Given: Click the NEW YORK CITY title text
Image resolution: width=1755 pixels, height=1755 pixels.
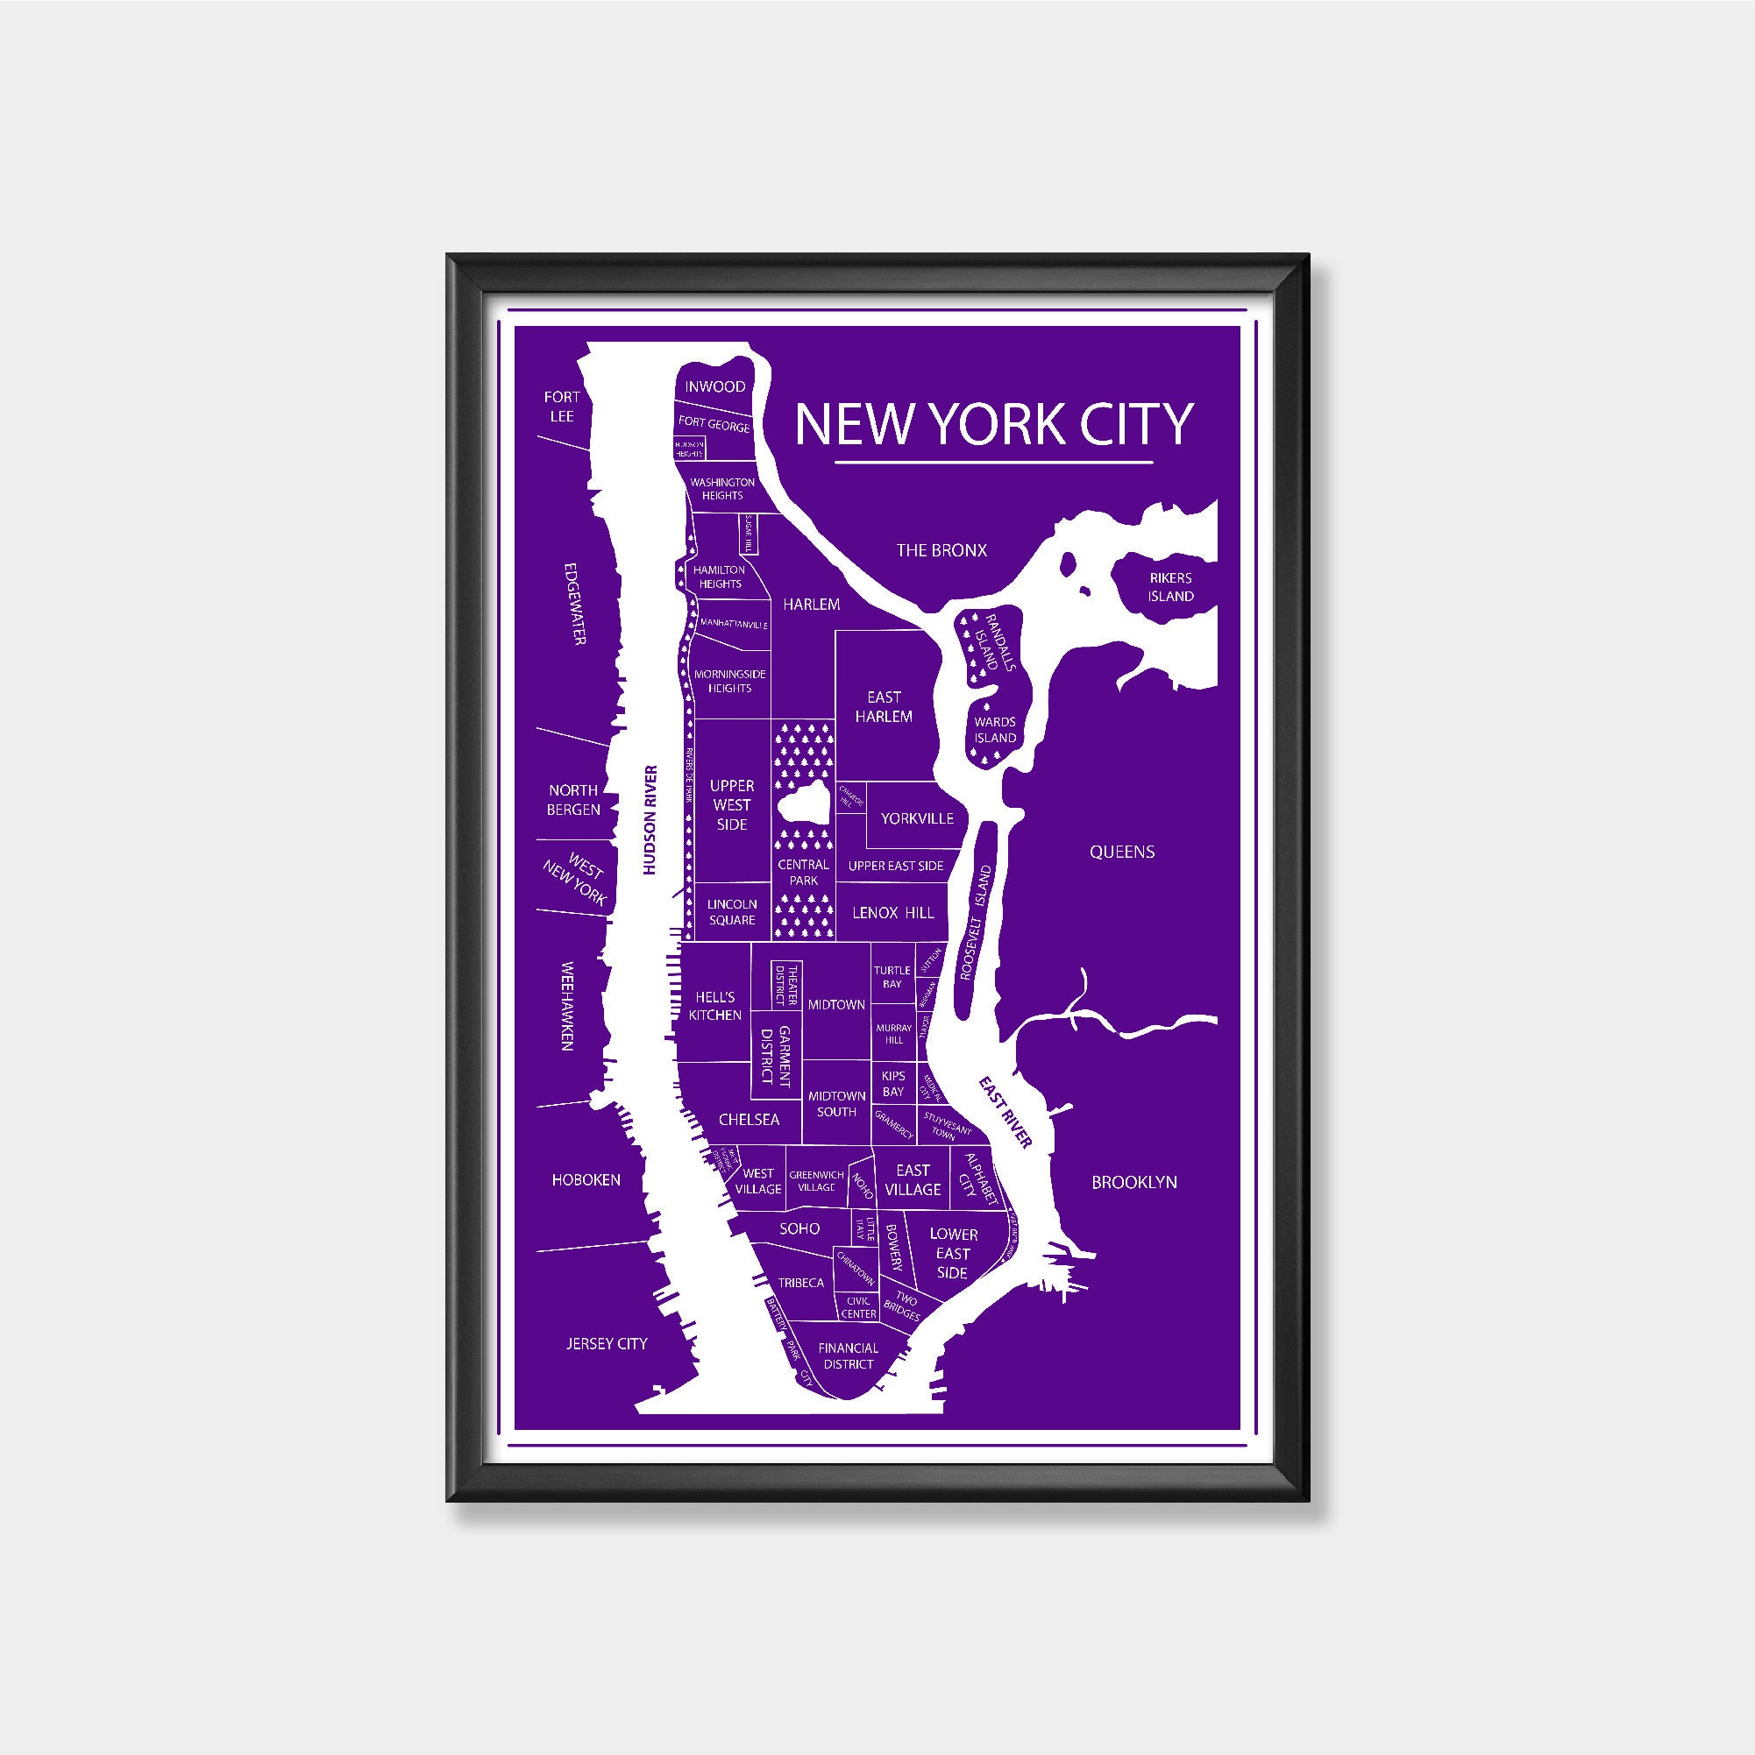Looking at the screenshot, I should click(992, 423).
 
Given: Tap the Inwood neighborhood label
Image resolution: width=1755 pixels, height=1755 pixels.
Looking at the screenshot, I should click(715, 387).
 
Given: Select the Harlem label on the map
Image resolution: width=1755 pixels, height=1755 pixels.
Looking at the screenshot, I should click(811, 604).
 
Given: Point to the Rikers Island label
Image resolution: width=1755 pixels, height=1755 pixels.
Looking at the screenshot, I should click(1169, 587).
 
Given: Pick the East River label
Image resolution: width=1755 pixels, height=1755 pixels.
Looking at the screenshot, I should click(1005, 1112).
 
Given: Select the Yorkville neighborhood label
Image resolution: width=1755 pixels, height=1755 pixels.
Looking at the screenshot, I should click(917, 818).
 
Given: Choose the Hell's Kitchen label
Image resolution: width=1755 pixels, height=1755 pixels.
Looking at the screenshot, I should click(715, 1007).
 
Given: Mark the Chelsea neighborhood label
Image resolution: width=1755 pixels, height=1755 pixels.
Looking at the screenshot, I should click(749, 1119).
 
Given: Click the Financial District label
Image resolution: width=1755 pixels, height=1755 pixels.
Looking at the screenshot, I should click(848, 1355).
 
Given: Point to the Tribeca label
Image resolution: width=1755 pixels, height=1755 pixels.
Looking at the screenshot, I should click(800, 1283).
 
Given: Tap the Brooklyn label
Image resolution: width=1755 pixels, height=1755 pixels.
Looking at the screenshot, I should click(1133, 1182).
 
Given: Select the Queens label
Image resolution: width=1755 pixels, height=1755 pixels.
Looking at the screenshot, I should click(1121, 851).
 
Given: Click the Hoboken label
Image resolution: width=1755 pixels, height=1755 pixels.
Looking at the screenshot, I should click(586, 1180).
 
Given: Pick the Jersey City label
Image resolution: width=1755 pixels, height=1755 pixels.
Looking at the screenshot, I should click(607, 1343).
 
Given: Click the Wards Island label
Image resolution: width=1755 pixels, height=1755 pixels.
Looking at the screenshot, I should click(995, 730).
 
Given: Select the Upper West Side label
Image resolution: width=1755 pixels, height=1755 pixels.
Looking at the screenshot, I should click(732, 805).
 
